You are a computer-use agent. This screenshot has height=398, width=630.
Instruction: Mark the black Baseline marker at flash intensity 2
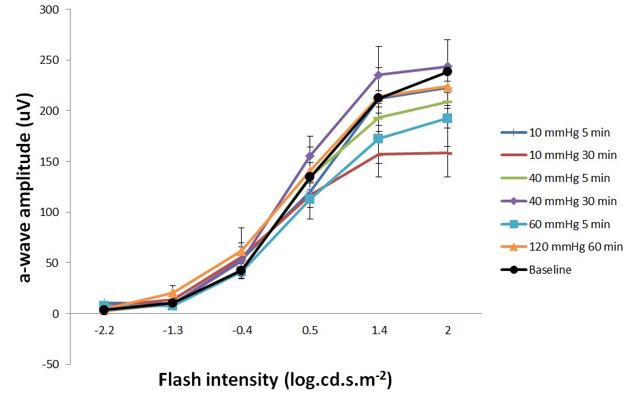447,71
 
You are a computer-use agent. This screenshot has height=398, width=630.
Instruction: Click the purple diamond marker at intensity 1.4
378,75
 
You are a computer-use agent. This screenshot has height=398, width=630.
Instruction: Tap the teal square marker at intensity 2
447,118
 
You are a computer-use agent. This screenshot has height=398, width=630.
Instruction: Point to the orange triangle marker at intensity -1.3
172,293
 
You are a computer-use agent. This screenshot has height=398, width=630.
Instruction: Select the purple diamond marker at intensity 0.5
310,156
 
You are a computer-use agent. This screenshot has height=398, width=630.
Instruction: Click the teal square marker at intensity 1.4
378,139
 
